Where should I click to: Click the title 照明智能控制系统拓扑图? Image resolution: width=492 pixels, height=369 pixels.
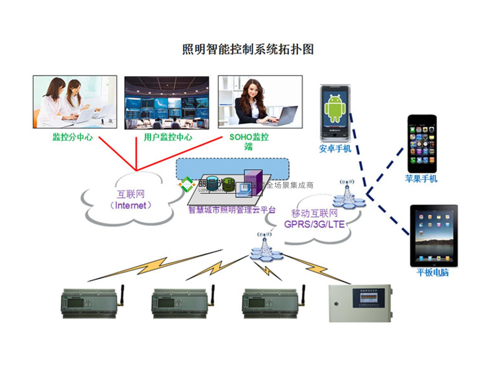click(248, 49)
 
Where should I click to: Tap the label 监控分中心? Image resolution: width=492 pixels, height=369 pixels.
click(73, 137)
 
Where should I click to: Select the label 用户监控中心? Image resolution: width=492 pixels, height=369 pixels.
click(168, 137)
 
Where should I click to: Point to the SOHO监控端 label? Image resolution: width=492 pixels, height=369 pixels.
click(249, 141)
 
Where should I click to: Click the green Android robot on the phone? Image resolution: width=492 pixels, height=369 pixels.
click(335, 108)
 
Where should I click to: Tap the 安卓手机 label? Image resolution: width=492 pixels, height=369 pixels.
click(335, 149)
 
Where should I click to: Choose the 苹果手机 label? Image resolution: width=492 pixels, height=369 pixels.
click(421, 179)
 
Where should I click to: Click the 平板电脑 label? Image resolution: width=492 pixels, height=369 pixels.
click(432, 272)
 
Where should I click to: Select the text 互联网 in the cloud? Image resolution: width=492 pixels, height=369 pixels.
click(131, 194)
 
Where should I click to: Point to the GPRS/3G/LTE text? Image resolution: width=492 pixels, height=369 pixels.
click(314, 224)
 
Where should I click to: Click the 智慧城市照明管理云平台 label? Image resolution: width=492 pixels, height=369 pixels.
click(232, 210)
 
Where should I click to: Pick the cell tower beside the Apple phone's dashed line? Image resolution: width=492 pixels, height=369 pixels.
click(348, 195)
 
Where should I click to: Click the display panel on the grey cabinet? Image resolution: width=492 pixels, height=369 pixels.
click(368, 297)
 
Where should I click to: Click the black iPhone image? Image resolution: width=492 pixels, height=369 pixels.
click(422, 144)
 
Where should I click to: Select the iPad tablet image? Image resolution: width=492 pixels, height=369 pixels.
click(434, 236)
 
